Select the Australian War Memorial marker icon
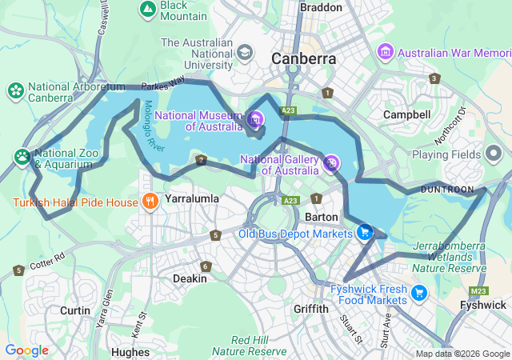[x=386, y=52]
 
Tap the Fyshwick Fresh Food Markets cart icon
[x=420, y=294]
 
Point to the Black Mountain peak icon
[x=147, y=10]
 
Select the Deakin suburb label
[x=190, y=278]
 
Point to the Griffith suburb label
[x=311, y=309]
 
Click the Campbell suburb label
[x=406, y=114]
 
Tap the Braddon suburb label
[x=320, y=7]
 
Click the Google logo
[x=26, y=350]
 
